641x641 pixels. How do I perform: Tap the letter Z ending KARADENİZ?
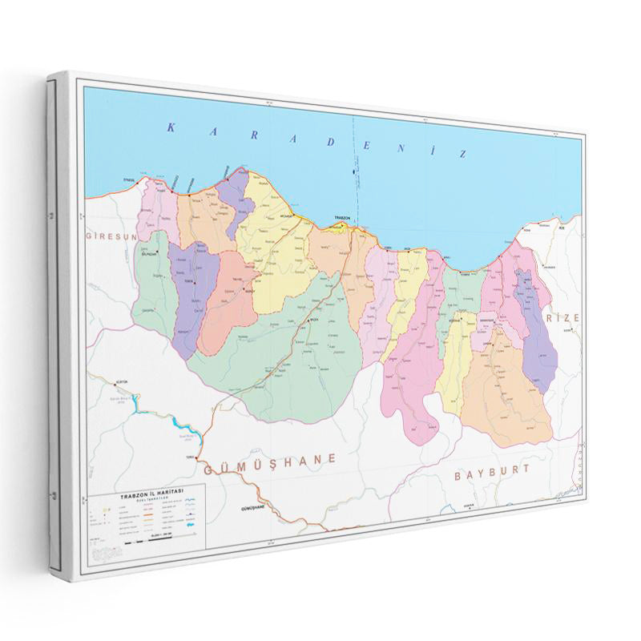460,153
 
